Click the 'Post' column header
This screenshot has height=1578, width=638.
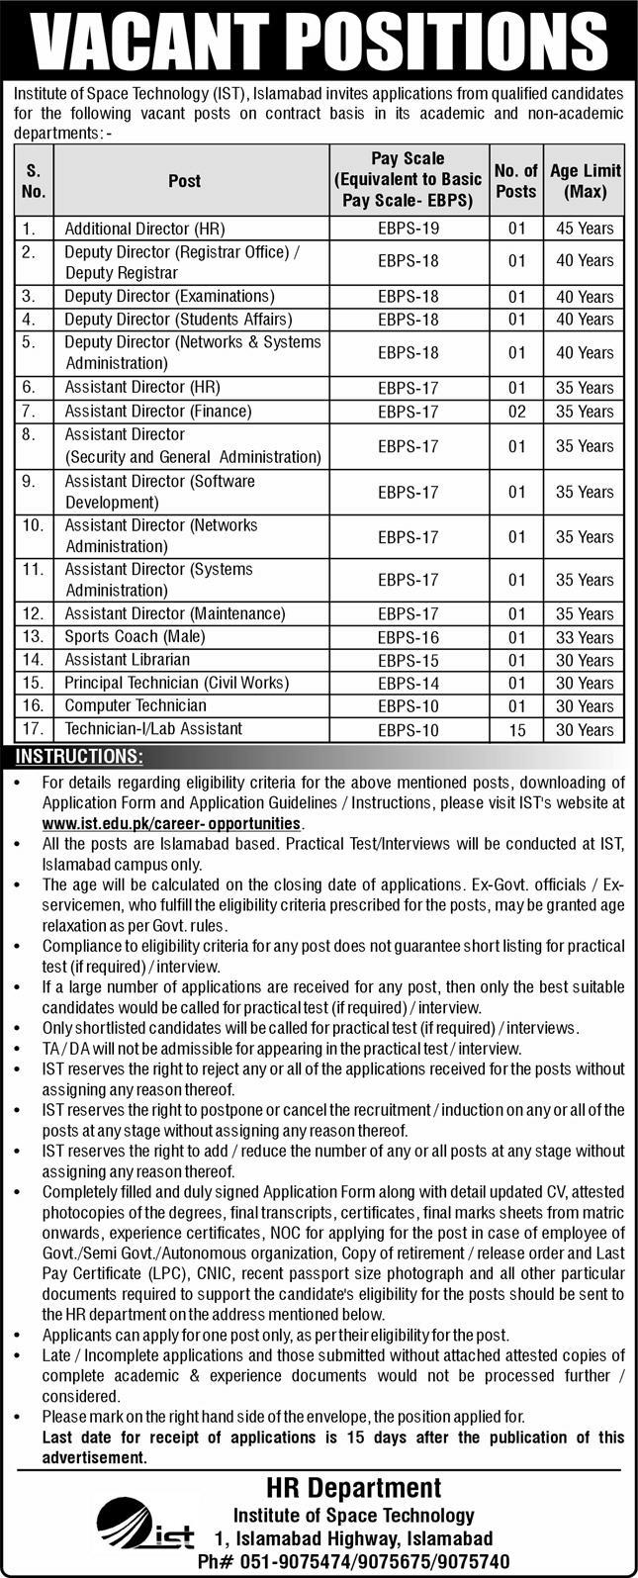point(184,181)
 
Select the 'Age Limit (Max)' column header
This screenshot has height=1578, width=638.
point(584,181)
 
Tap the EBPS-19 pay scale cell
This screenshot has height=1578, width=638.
point(408,229)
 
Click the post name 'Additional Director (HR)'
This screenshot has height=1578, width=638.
point(145,229)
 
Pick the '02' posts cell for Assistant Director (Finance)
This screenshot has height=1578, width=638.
point(515,412)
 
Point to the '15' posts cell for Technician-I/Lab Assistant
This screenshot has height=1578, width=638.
point(515,730)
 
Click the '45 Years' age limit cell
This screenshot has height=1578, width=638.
point(584,229)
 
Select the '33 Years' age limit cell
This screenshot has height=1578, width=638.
point(584,638)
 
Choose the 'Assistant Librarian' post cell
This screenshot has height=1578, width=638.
point(127,660)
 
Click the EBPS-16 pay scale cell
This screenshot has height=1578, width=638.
point(408,638)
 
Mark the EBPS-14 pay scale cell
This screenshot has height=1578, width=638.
point(408,684)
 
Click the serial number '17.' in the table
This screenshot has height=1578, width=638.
point(33,729)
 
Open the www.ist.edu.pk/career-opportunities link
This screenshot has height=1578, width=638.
point(171,823)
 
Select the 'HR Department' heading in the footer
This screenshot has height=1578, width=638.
point(353,1488)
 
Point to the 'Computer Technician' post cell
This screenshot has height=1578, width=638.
point(136,705)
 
